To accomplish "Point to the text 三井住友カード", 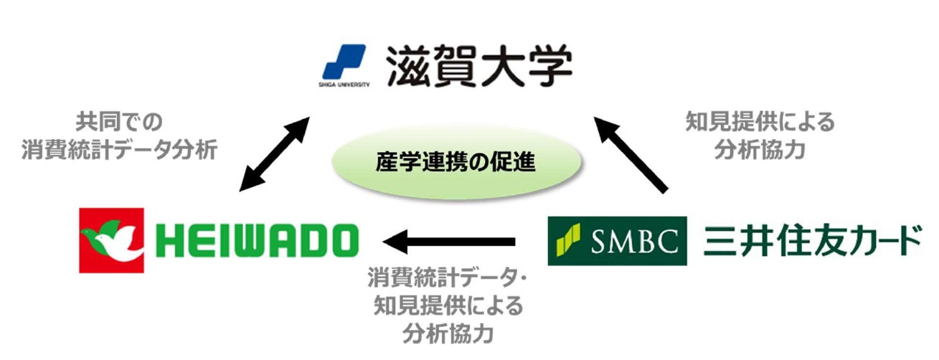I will pos(811,241).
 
